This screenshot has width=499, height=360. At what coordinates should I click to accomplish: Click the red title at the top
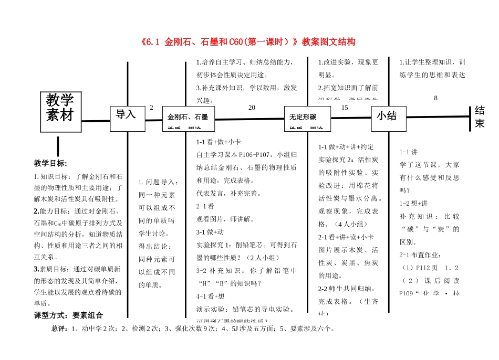pyautogui.click(x=248, y=41)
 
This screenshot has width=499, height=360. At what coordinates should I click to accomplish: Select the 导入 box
pyautogui.click(x=126, y=114)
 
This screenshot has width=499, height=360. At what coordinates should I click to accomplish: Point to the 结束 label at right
pyautogui.click(x=480, y=117)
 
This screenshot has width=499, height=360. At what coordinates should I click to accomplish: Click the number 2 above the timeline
pyautogui.click(x=151, y=108)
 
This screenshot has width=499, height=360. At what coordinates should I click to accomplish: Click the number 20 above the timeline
pyautogui.click(x=252, y=108)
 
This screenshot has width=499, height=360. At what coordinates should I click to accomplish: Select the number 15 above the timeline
pyautogui.click(x=345, y=108)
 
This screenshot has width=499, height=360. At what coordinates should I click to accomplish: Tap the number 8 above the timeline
pyautogui.click(x=435, y=98)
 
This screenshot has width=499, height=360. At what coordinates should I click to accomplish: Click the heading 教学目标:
pyautogui.click(x=51, y=163)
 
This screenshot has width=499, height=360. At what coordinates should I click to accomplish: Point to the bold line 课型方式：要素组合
pyautogui.click(x=68, y=315)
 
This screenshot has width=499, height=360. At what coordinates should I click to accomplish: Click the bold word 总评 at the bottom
pyautogui.click(x=59, y=329)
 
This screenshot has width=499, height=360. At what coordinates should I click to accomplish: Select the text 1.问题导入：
pyautogui.click(x=158, y=182)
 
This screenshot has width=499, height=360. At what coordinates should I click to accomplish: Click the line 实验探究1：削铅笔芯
pyautogui.click(x=246, y=245)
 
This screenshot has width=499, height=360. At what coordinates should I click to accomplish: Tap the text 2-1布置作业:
pyautogui.click(x=421, y=256)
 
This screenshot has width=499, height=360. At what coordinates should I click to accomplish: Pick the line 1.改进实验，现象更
pyautogui.click(x=348, y=62)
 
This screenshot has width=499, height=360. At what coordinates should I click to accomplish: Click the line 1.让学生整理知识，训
pyautogui.click(x=432, y=62)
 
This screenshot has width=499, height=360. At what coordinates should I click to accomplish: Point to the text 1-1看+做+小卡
pyautogui.click(x=218, y=142)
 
